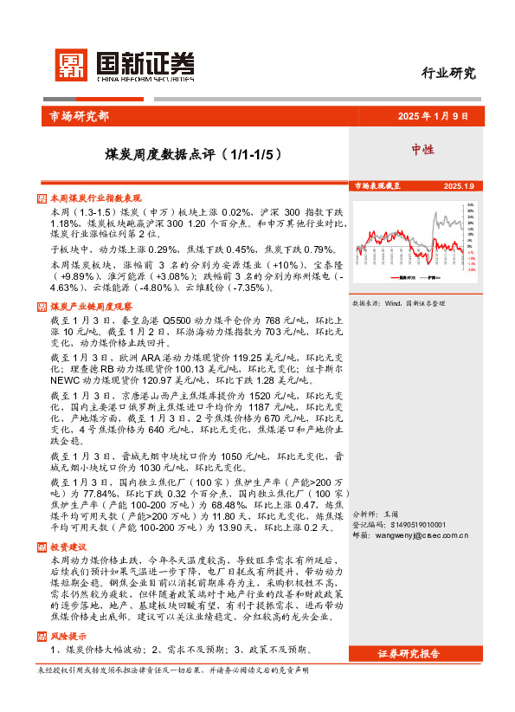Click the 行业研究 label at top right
coord(447,74)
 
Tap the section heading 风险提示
coord(68,636)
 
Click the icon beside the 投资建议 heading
coord(43,547)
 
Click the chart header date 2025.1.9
coord(458,186)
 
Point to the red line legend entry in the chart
coord(406,278)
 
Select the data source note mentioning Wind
coord(398,304)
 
